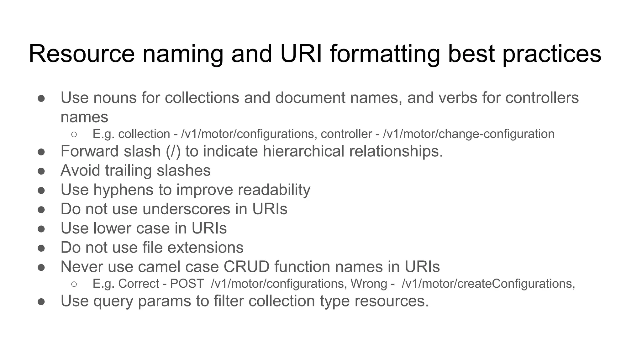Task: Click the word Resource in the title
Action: pyautogui.click(x=82, y=54)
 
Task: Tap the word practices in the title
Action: pyautogui.click(x=552, y=54)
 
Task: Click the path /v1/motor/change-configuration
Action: pyautogui.click(x=469, y=134)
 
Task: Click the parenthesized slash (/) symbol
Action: pyautogui.click(x=173, y=151)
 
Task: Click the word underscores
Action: pyautogui.click(x=187, y=209)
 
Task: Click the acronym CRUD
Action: pyautogui.click(x=246, y=267)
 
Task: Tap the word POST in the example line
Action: pyautogui.click(x=187, y=284)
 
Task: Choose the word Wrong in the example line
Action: pyautogui.click(x=369, y=284)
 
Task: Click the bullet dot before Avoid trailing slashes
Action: pyautogui.click(x=41, y=171)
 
